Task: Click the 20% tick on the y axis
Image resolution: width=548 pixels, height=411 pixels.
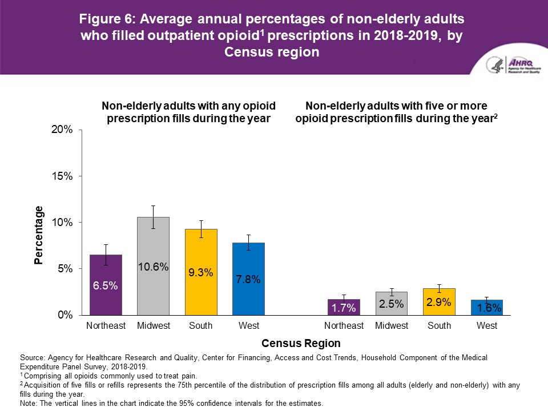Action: point(63,130)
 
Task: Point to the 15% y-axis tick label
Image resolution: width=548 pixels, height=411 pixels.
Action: point(63,176)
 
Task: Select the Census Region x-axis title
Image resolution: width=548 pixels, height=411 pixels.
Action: point(300,344)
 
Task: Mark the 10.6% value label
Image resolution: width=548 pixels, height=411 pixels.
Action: point(153,267)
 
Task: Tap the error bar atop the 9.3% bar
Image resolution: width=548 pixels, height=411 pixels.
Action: point(201,228)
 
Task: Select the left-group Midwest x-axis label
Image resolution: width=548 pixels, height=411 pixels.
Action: point(153,326)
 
